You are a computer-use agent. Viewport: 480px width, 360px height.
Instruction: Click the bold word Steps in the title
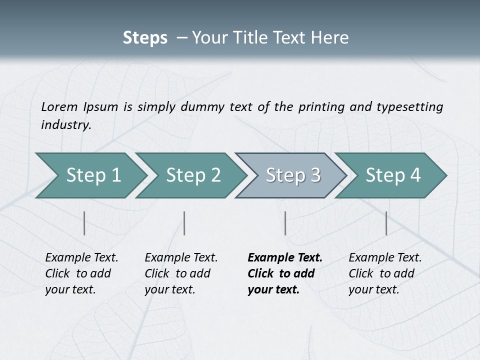145,37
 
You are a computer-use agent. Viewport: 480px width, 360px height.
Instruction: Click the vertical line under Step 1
84,223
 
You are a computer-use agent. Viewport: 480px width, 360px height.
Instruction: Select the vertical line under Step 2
184,223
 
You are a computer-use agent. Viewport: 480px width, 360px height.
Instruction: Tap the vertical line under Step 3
285,223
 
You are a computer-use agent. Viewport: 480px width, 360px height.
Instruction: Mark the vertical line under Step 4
386,223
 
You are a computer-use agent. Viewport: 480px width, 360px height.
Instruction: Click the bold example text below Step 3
284,273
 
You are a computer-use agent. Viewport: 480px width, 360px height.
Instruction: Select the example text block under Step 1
81,273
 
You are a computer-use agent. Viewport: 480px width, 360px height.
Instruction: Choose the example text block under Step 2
181,273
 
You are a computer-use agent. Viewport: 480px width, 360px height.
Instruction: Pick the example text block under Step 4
385,273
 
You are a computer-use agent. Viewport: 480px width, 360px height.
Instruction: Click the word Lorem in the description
59,106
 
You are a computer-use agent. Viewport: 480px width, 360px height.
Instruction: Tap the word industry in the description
66,125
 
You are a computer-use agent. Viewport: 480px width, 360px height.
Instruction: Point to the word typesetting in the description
409,106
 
